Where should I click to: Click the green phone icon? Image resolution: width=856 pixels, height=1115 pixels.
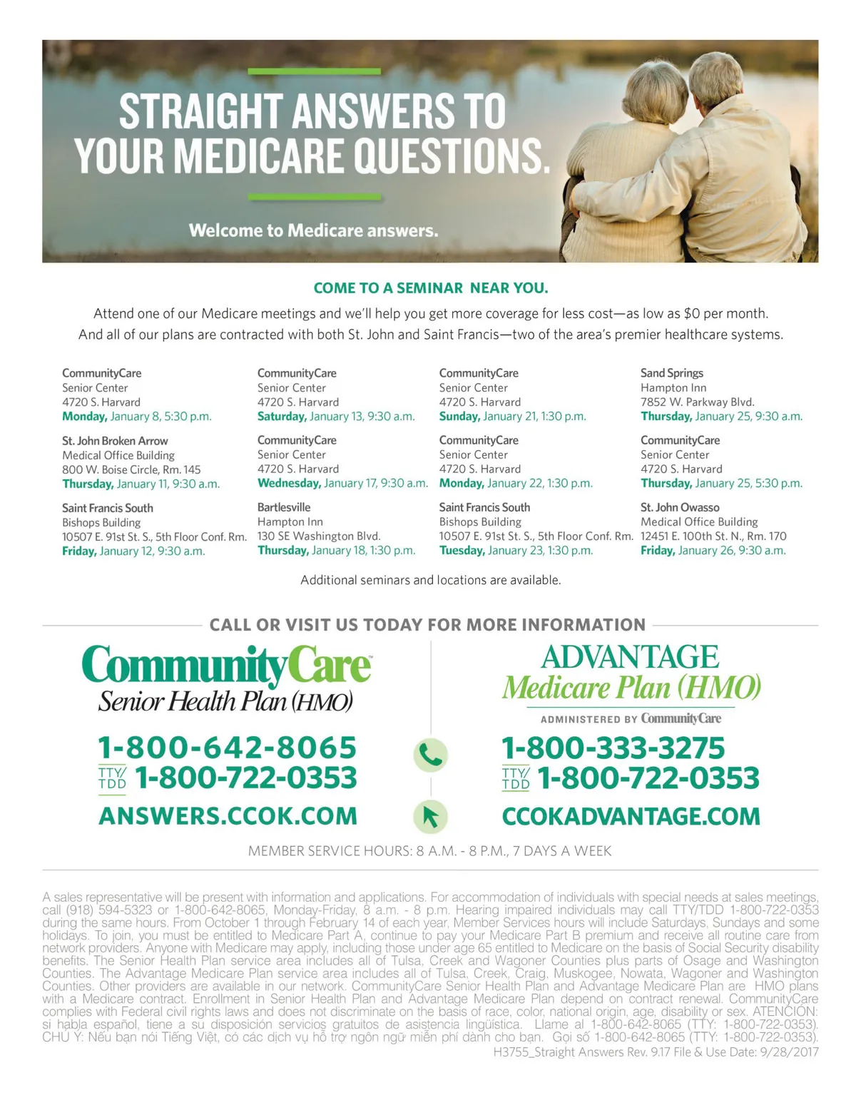(430, 754)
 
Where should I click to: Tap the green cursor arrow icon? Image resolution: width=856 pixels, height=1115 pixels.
(430, 816)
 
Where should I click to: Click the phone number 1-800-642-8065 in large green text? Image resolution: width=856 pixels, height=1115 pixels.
(227, 747)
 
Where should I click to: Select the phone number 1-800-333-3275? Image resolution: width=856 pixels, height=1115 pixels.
(613, 748)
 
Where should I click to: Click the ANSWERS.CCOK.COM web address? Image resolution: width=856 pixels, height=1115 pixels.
(228, 816)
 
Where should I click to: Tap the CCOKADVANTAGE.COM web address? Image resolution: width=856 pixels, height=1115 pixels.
(631, 816)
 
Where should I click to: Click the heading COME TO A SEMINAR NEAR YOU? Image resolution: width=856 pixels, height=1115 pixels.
(431, 288)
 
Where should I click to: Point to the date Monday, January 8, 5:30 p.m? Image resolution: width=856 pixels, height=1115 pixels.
(137, 417)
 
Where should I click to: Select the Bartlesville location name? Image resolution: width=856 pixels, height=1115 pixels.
(284, 507)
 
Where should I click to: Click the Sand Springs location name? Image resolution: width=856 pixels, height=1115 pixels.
(671, 373)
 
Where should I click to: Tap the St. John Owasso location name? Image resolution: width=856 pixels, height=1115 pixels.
(680, 507)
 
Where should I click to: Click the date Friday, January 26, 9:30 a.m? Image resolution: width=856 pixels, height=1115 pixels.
(713, 551)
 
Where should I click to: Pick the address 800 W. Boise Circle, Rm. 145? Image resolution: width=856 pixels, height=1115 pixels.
(131, 469)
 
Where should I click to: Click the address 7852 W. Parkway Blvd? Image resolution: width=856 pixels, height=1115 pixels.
(697, 402)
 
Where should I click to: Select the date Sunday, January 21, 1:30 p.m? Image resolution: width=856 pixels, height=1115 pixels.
(512, 417)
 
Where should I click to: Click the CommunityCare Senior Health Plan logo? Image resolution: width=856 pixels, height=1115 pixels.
(227, 678)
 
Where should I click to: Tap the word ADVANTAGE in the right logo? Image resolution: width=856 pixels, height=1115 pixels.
(630, 657)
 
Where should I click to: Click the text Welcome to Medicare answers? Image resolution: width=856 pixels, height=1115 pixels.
(313, 230)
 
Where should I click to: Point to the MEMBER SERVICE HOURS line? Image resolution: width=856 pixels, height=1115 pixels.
(429, 851)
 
